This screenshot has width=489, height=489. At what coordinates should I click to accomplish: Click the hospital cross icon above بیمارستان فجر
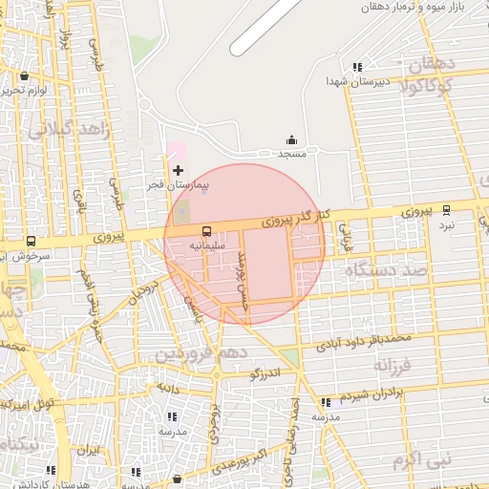click(178, 169)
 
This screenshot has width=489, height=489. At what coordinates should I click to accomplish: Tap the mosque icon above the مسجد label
click(291, 139)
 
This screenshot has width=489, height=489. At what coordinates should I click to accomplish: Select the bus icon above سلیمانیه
click(206, 231)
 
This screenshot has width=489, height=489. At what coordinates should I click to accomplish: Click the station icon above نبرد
click(447, 210)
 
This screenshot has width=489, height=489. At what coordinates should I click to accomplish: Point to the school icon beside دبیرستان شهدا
click(357, 67)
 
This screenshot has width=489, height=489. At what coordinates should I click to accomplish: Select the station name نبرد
click(447, 226)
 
